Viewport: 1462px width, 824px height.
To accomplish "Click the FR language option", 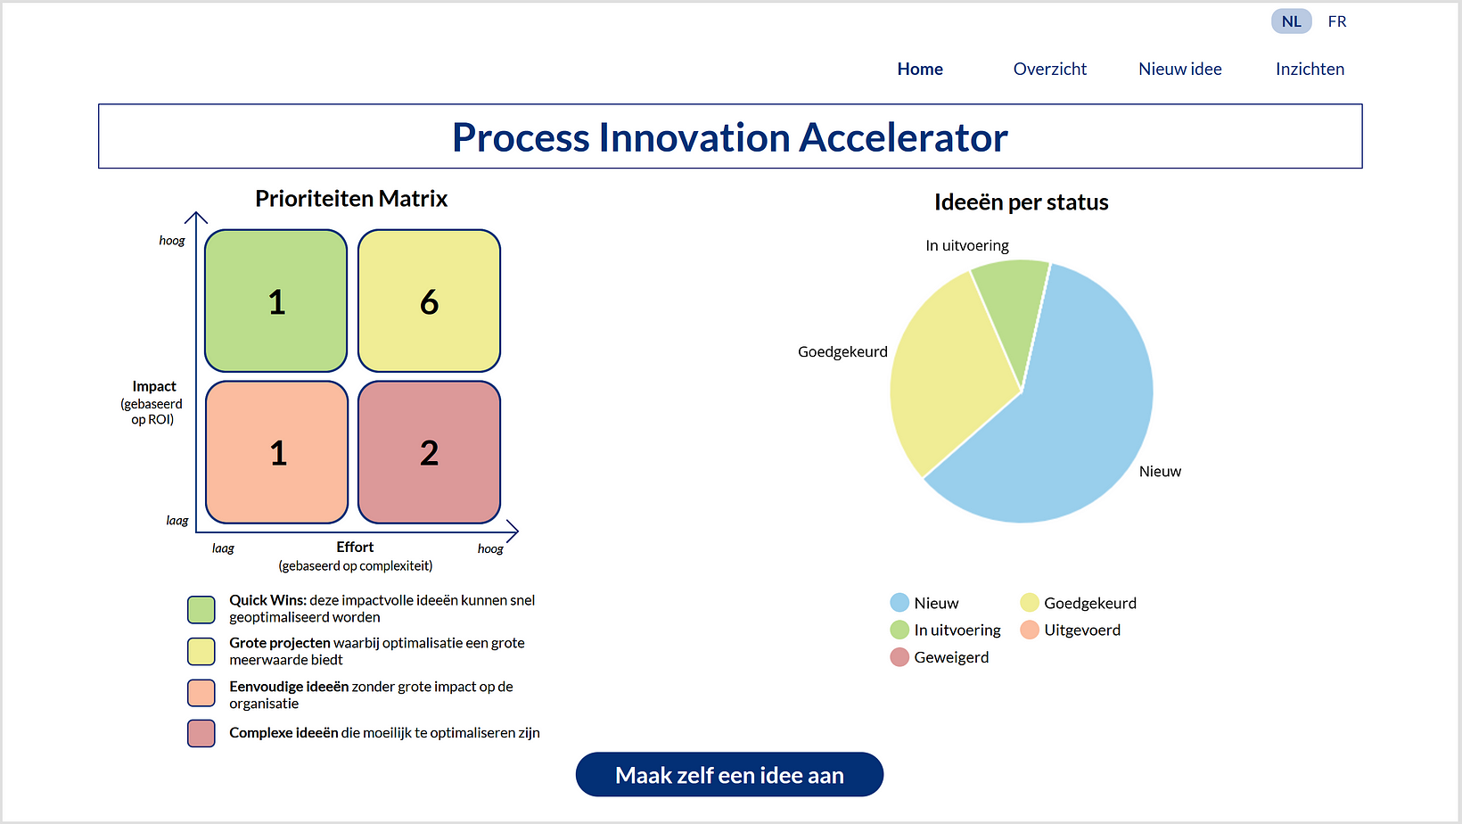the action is pos(1336,21).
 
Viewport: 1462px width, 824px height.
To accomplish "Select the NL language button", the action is pos(1291,21).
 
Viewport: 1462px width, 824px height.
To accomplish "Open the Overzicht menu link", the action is pos(1049,69).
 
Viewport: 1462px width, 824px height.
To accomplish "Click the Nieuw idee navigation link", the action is pos(1180,69).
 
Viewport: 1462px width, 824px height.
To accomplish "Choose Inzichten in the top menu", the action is pos(1310,69).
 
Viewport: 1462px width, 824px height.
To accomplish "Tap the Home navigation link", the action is pos(920,69).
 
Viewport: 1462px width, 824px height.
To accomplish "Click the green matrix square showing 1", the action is pos(276,301).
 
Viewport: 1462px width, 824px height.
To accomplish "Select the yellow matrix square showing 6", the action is pos(429,301).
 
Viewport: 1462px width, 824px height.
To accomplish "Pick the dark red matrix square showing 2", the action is pos(429,452).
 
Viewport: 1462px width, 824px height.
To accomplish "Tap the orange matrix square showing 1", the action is pos(276,452).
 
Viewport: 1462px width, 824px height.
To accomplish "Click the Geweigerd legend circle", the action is pos(899,657).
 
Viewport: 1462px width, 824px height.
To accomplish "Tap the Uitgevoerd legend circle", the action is pos(1030,630).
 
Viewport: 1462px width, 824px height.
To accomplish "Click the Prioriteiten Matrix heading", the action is pos(351,199).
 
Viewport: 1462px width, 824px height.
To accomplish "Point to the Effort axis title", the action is pos(355,548).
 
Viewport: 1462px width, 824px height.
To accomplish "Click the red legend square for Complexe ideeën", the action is pos(201,733).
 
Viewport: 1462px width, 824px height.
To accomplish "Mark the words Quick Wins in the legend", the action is pos(267,601).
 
